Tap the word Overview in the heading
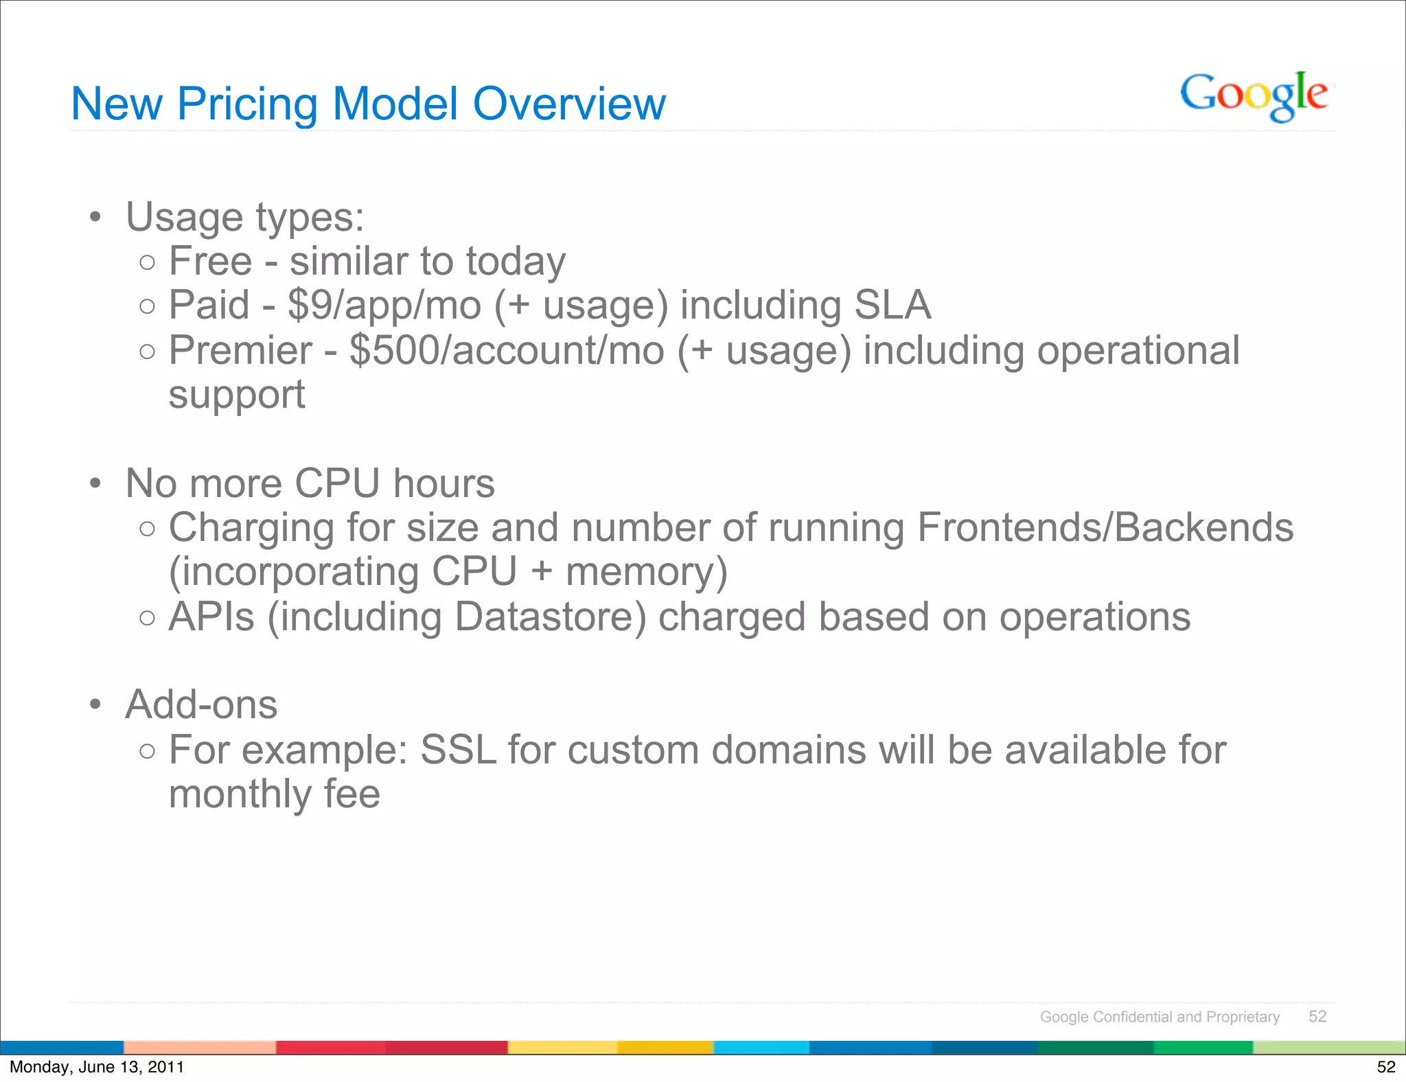pos(569,104)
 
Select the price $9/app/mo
pos(384,306)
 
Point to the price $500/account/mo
pos(507,351)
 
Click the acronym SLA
pos(892,306)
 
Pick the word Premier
pos(240,351)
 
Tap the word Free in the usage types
pos(210,262)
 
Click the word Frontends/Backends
pos(1105,528)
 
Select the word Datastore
pos(550,617)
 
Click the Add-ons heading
pos(201,705)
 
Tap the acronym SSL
pos(458,750)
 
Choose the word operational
pos(1138,351)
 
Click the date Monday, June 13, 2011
pos(97,1067)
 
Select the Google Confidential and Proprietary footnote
pos(1160,1017)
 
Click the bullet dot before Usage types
pos(95,218)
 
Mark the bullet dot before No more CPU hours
pos(95,484)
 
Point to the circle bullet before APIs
pos(147,618)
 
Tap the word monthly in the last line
pos(240,794)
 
